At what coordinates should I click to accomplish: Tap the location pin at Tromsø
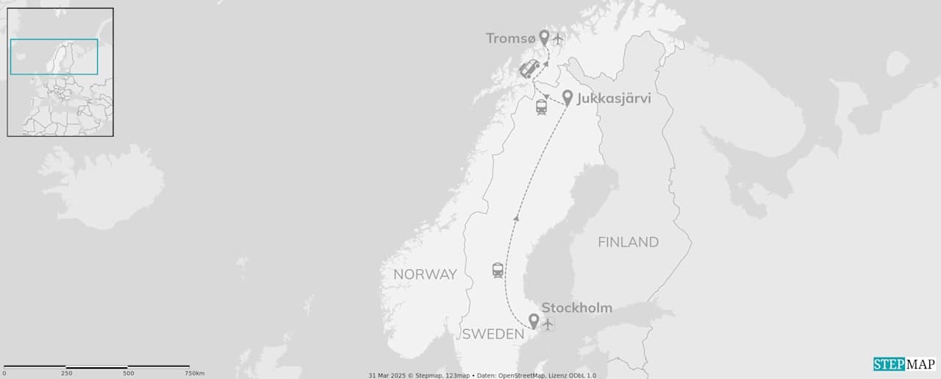point(544,38)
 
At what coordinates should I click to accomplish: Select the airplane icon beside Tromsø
point(558,38)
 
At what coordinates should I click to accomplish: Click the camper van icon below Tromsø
point(529,70)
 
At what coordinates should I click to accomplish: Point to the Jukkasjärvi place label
point(614,98)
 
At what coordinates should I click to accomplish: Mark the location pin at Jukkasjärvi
point(568,98)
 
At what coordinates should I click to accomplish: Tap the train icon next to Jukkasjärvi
point(542,107)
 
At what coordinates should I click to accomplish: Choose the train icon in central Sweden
point(498,270)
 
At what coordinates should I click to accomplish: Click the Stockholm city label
point(576,308)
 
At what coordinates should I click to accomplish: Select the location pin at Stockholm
point(534,321)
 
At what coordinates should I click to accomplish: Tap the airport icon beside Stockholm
point(548,323)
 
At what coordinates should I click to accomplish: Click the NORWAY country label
point(425,274)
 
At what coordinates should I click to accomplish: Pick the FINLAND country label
point(628,242)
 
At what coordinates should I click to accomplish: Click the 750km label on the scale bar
point(194,374)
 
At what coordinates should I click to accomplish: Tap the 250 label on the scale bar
point(66,374)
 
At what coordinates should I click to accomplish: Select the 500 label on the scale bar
point(128,374)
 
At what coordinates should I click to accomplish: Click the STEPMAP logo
point(904,364)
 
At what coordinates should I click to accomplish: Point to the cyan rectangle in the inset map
point(54,57)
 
